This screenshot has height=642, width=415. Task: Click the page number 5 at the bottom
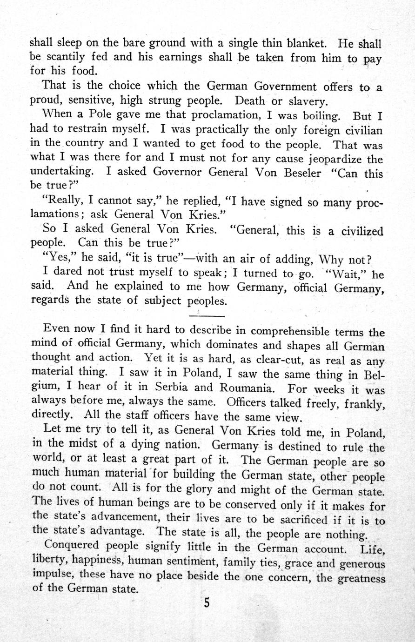[207, 603]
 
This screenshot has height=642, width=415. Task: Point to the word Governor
[179, 172]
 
